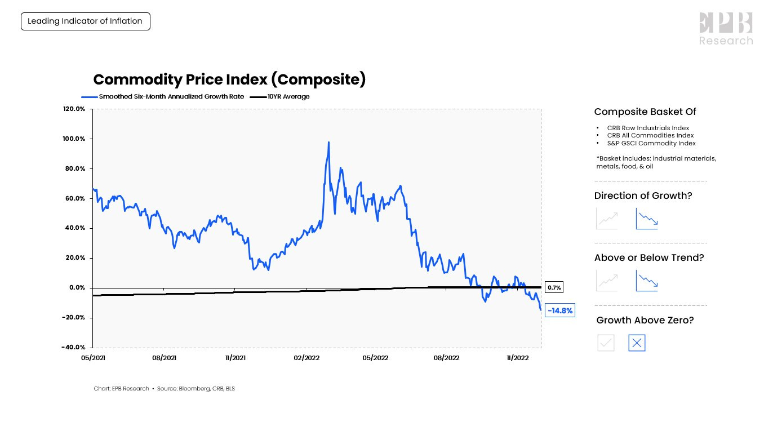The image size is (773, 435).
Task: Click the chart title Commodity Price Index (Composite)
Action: point(229,79)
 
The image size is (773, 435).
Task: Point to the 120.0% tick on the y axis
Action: point(74,109)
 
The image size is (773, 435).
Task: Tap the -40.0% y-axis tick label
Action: point(73,347)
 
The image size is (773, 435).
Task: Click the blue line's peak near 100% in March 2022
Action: point(328,143)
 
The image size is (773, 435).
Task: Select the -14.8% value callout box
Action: point(560,310)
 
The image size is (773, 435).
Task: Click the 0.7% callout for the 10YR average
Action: point(554,288)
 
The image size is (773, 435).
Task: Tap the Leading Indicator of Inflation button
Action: point(85,21)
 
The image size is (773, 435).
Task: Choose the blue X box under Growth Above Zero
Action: point(637,343)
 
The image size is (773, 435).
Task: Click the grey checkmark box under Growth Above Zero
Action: point(606,343)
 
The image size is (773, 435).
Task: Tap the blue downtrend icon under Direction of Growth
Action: point(647,219)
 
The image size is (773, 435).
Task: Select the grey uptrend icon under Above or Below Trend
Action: point(607,281)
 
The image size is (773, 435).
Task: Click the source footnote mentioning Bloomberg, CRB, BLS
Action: point(164,389)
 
